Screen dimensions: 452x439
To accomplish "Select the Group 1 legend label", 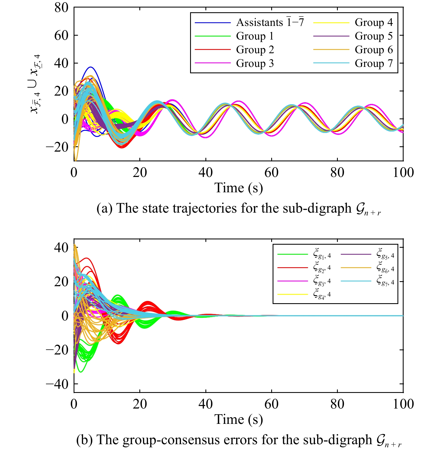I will tap(255, 36).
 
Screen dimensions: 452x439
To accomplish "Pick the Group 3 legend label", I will tap(255, 63).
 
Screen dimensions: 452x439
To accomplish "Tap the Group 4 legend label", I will tap(373, 22).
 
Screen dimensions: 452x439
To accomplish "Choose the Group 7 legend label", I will tap(373, 63).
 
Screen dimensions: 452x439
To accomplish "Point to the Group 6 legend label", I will tap(373, 50).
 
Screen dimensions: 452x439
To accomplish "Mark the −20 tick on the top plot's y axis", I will tap(57, 147).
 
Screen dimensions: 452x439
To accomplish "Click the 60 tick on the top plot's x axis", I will tap(271, 172).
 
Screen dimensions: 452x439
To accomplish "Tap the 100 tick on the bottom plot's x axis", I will tap(403, 404).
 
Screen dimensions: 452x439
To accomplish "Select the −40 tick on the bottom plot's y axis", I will tap(57, 384).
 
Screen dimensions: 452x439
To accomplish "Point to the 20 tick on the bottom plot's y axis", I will tap(61, 281).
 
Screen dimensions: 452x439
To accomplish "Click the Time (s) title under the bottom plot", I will tap(239, 419).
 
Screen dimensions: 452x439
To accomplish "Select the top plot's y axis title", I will tap(35, 84).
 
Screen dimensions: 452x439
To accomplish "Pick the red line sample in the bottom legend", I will tap(293, 268).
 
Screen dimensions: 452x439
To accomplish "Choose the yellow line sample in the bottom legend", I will tap(293, 295).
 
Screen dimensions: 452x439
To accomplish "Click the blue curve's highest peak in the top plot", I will tap(90, 67).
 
